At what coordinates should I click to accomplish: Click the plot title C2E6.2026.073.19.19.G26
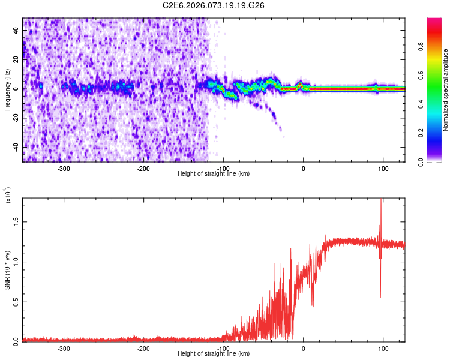coord(214,5)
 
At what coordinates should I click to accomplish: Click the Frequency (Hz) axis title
coord(7,90)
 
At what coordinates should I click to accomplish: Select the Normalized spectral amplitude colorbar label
coord(446,90)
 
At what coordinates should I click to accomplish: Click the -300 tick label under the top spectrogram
coord(64,168)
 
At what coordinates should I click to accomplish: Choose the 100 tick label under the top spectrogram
coord(383,168)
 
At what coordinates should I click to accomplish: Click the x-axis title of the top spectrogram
coord(214,174)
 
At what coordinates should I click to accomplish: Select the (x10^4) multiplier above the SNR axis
coord(7,196)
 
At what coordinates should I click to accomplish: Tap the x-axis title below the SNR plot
coord(214,353)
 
